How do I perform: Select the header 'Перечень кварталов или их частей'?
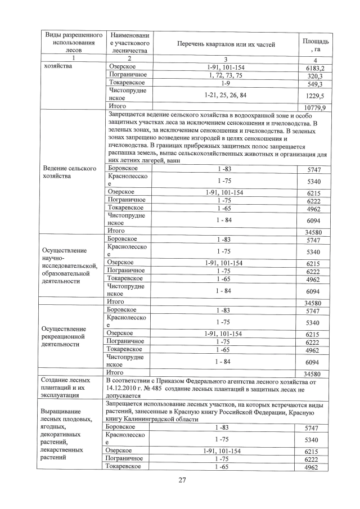[225, 44]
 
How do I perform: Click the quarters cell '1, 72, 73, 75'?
[225, 75]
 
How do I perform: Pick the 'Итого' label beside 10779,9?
[115, 106]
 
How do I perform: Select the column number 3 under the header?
[225, 60]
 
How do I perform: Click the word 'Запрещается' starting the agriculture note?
[127, 115]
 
